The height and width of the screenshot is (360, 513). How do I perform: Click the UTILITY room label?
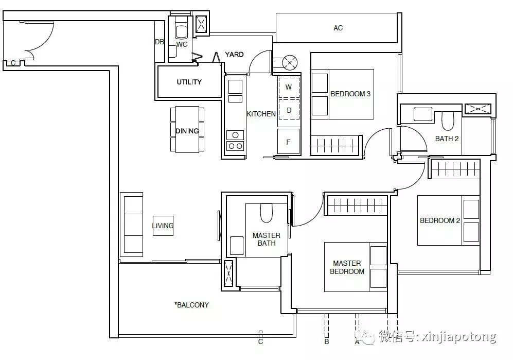tap(189, 82)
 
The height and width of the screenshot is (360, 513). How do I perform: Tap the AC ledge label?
tap(338, 28)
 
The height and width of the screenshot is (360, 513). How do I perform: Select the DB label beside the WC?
tap(160, 42)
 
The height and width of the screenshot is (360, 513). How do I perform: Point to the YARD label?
tap(234, 55)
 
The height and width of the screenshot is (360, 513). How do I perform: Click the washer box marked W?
tap(289, 87)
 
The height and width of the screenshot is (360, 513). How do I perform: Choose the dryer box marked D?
tap(289, 110)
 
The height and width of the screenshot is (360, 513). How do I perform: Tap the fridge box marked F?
tap(288, 142)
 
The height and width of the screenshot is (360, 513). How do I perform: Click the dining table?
tap(187, 129)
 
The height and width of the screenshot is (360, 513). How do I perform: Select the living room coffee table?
tap(163, 226)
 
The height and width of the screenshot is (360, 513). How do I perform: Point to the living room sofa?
tap(132, 225)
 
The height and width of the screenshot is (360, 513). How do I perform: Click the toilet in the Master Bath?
tap(267, 212)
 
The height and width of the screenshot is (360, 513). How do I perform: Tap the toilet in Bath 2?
tap(448, 121)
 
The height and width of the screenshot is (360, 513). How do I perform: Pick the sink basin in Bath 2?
tap(423, 114)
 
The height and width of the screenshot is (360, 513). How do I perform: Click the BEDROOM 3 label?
tap(350, 94)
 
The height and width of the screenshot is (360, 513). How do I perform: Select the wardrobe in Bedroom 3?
tap(335, 145)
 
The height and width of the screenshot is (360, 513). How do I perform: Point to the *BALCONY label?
tap(192, 305)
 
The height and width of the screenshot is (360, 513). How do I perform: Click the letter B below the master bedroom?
tap(327, 341)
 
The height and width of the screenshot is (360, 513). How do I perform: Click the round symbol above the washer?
tap(290, 62)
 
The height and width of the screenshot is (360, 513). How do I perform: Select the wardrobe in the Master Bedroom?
tap(358, 205)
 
